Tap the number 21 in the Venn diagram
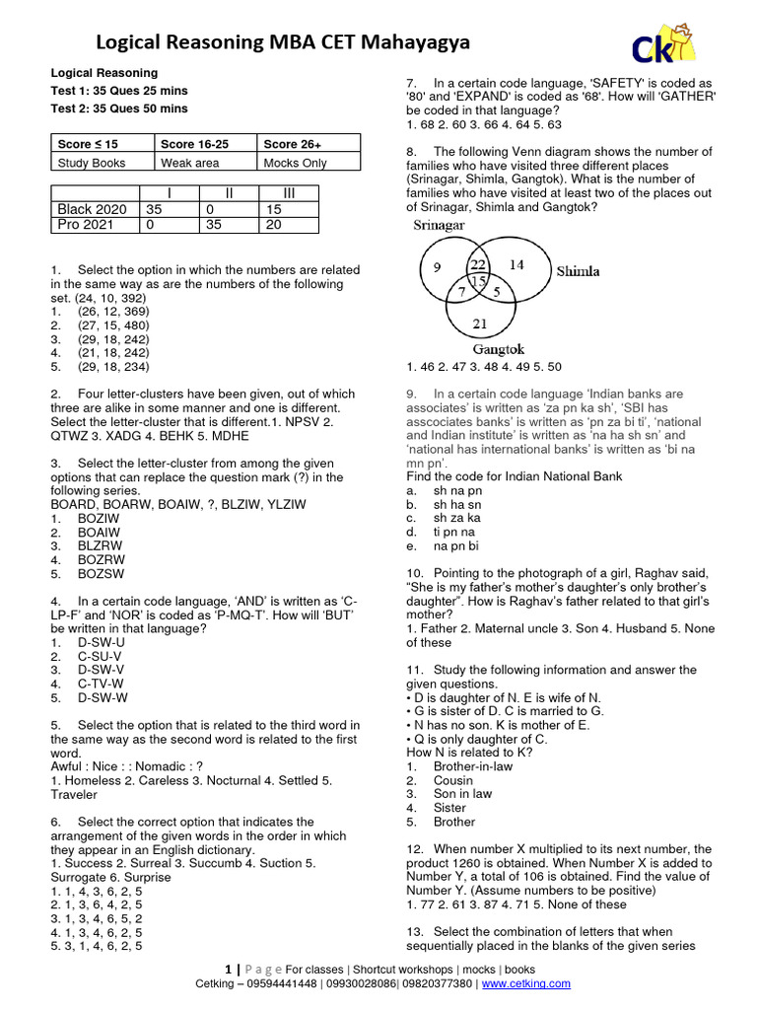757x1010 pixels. [x=480, y=324]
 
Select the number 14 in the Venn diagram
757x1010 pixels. [x=516, y=264]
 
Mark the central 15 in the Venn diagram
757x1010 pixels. [x=478, y=282]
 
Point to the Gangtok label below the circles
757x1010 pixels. [x=498, y=349]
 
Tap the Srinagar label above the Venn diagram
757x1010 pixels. [x=439, y=226]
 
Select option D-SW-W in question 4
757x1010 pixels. [x=102, y=697]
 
